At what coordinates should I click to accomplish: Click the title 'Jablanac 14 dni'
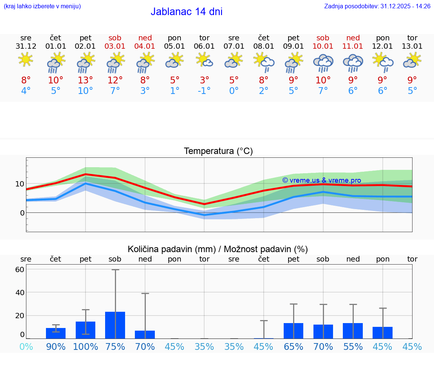coord(186,12)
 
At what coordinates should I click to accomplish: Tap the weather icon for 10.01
coord(323,63)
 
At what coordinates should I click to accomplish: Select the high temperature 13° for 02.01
coord(86,80)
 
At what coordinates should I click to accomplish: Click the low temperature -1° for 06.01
coord(204,91)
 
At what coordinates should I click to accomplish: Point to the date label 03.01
coord(115,46)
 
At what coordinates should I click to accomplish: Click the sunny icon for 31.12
coord(26,60)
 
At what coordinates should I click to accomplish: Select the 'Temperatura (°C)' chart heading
coord(218,151)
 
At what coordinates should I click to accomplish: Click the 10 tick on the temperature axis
coord(20,184)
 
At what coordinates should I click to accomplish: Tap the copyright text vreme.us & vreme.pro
coord(321,180)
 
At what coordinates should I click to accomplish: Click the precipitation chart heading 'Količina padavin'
coord(218,249)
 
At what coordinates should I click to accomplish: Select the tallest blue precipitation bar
coord(115,325)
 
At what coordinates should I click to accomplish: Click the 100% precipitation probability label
coord(86,346)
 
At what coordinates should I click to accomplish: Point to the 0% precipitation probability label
coord(26,346)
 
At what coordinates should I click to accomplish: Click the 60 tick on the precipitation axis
coord(20,269)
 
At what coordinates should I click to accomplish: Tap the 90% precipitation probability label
coord(56,346)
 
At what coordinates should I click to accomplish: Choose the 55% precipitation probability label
coord(353,346)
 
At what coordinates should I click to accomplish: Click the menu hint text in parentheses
coord(42,6)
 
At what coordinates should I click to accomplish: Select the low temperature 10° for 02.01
coord(86,91)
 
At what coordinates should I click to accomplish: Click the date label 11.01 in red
coord(353,46)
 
